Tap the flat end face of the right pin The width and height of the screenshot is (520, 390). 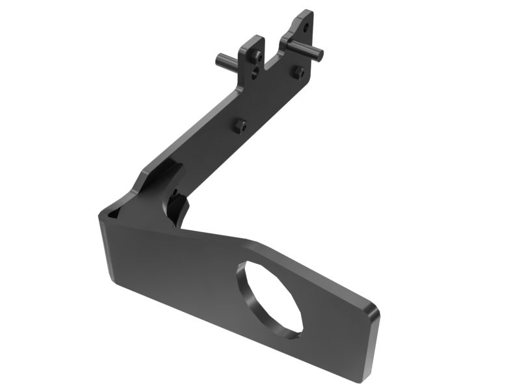click(320, 53)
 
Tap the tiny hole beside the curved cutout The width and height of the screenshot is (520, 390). click(175, 192)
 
